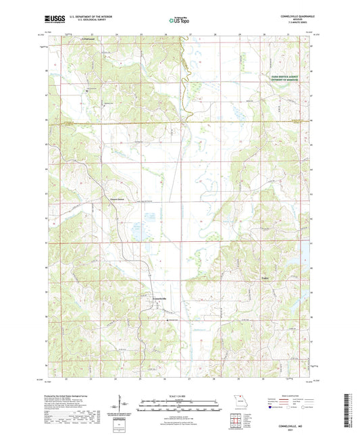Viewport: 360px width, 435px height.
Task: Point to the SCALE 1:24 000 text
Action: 179,395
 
